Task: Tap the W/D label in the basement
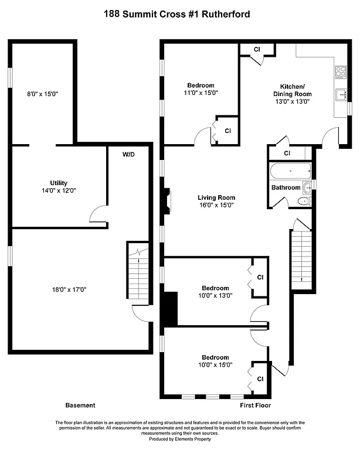(x=128, y=155)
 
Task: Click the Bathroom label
(x=286, y=187)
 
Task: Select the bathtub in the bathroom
(x=290, y=172)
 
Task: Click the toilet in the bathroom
(x=304, y=202)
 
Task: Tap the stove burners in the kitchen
(x=341, y=73)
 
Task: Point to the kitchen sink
(x=341, y=93)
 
